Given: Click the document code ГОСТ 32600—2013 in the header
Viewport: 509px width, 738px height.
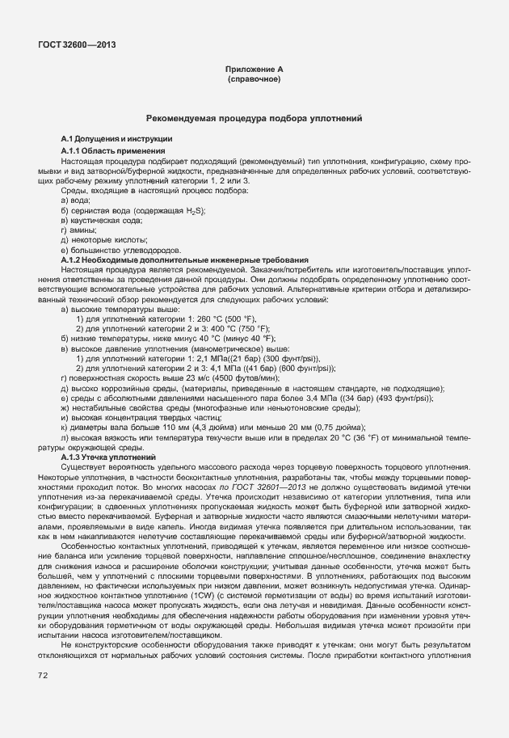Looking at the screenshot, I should point(70,44).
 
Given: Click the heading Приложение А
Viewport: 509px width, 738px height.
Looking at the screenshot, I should point(254,70).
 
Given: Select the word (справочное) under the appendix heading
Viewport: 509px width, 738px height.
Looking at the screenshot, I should point(254,80).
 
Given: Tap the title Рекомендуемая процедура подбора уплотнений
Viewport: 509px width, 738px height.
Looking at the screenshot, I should point(254,119).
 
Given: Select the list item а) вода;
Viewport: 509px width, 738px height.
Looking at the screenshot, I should point(75,200).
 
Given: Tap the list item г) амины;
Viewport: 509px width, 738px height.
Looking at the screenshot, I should point(78,230).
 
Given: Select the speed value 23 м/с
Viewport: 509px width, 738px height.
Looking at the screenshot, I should point(169,377).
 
